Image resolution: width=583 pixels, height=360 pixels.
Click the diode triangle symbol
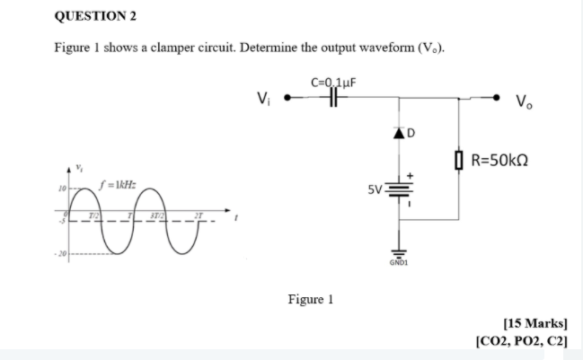(x=397, y=135)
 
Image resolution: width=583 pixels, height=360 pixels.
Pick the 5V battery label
(x=375, y=190)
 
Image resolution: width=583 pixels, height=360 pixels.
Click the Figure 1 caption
(x=310, y=300)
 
